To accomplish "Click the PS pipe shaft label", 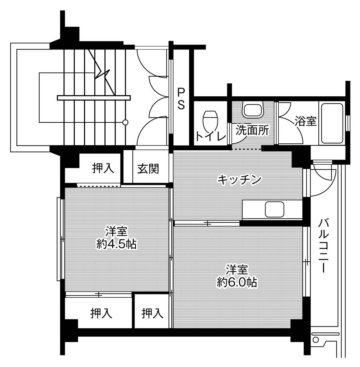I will coord(181,98).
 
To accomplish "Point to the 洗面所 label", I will coord(252,131).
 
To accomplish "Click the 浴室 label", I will coord(305,122).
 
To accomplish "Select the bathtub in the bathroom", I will coord(332,123).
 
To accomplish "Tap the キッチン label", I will coord(239,180).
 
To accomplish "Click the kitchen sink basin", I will coord(274,209).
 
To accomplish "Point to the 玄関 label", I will coord(148,169).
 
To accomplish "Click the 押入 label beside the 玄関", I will coord(103,168).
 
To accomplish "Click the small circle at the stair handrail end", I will coord(125,122).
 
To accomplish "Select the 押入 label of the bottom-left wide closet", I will coord(101,314).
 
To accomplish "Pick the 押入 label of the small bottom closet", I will coord(153,314).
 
